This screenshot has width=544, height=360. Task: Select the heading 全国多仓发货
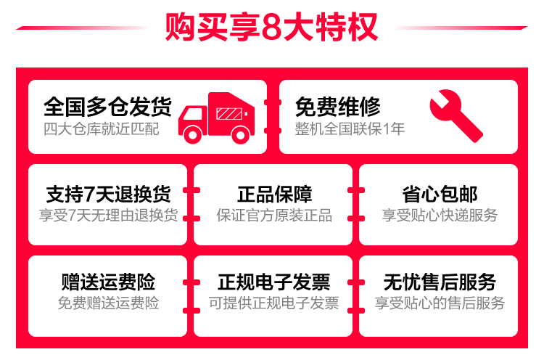pos(107,107)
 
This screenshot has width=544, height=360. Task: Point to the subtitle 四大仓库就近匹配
pos(101,129)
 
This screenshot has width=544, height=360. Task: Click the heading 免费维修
pos(337,107)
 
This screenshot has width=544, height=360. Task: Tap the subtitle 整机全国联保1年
pos(350,129)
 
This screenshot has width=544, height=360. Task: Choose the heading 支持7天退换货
pos(108,195)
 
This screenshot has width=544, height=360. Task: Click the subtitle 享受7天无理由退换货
pos(108,216)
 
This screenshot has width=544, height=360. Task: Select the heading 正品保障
pos(273,195)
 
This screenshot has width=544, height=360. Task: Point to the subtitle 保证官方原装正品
pos(273,216)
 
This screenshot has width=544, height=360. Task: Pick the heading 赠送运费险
pos(108,282)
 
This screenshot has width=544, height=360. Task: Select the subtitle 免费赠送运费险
pos(108,303)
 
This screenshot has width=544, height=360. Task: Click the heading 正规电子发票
pos(273,282)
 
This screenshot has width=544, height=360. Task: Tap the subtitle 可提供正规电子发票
pos(273,303)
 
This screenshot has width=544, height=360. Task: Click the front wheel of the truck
pos(192,133)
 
